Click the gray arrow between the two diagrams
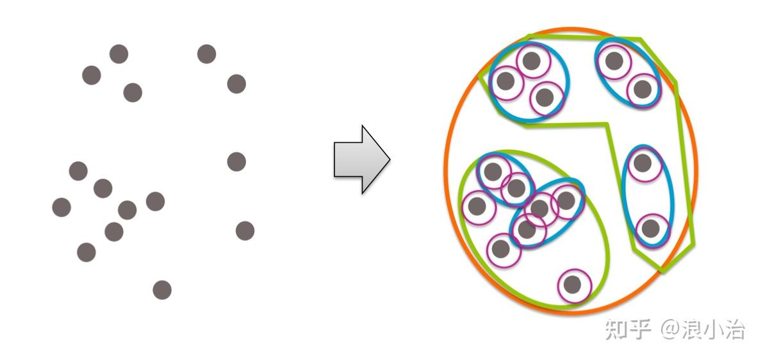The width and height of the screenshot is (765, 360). (x=361, y=160)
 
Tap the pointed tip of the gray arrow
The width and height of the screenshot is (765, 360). (x=390, y=159)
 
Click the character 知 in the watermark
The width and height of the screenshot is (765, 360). (x=616, y=329)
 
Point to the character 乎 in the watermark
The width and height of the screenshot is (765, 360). (x=639, y=329)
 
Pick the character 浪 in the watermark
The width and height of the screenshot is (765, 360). (x=693, y=329)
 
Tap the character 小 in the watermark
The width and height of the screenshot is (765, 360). (x=714, y=329)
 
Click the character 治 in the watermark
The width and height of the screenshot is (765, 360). (x=735, y=329)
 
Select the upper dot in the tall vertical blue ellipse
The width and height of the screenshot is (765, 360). (x=643, y=163)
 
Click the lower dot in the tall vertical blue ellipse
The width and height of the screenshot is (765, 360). (x=650, y=228)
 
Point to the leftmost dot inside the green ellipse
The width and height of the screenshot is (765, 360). (x=477, y=206)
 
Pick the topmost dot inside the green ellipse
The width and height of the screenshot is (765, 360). (x=493, y=171)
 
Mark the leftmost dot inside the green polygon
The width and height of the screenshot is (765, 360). (x=506, y=81)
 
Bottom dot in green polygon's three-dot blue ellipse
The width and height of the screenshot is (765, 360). (x=545, y=97)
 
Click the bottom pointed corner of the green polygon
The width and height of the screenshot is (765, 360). (x=662, y=271)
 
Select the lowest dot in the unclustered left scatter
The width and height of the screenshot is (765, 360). (x=162, y=290)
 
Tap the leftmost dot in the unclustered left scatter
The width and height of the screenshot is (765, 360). (x=62, y=208)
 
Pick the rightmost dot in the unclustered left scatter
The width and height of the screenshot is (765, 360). (x=245, y=231)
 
